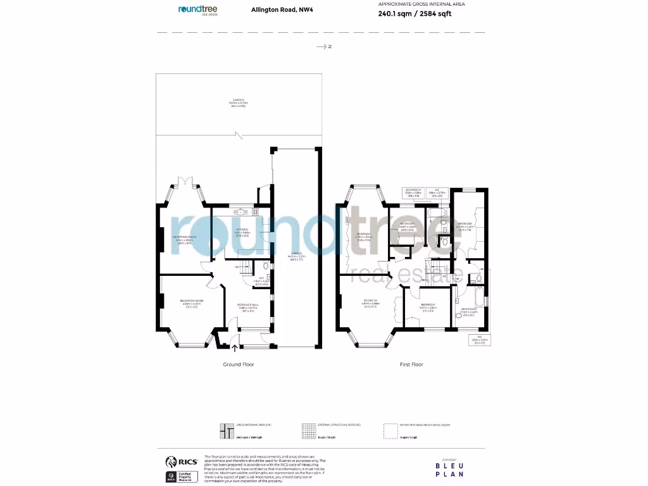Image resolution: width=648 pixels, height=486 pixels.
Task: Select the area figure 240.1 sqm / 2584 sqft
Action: (414, 13)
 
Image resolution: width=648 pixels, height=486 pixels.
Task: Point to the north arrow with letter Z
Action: (324, 46)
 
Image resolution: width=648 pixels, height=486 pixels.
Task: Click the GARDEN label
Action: (238, 103)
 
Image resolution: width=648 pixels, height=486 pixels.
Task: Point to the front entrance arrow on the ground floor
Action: (235, 347)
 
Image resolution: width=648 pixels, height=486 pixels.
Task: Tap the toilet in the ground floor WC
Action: (268, 277)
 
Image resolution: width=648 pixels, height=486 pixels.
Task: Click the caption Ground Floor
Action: (239, 364)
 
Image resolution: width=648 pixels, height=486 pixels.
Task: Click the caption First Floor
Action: (412, 364)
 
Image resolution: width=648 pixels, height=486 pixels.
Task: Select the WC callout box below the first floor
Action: (480, 340)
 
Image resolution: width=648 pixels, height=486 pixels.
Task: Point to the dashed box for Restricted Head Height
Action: (391, 430)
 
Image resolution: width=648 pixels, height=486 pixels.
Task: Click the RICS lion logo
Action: (171, 461)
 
